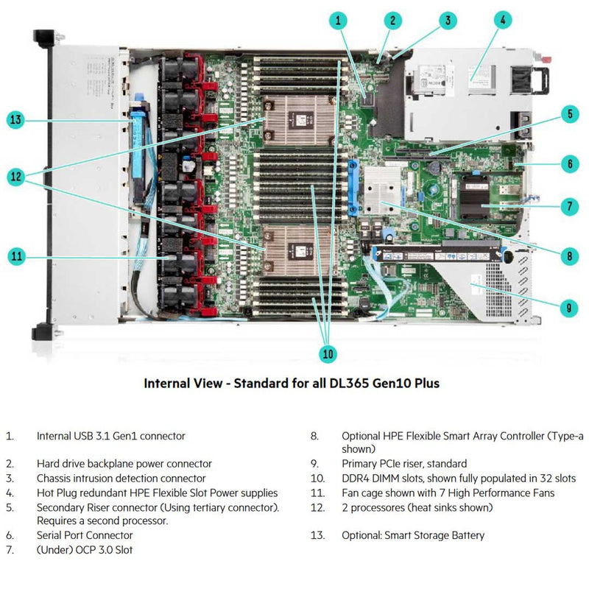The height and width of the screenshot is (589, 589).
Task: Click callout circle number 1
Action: (338, 21)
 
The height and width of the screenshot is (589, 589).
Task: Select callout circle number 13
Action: (18, 120)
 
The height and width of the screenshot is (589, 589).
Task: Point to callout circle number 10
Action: (328, 354)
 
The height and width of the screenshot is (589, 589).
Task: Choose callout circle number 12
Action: (18, 177)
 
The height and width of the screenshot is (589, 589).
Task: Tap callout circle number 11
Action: (18, 256)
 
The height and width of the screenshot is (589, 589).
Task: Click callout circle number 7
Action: (568, 207)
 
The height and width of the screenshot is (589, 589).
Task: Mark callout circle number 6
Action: (568, 163)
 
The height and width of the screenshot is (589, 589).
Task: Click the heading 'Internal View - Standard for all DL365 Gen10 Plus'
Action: (292, 383)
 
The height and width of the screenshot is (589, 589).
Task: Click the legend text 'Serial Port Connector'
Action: (85, 535)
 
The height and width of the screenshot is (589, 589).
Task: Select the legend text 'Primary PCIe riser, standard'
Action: (404, 464)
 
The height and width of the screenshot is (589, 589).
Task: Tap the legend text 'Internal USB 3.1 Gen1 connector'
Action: (111, 436)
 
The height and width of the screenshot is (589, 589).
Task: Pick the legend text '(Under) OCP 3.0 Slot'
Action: (85, 549)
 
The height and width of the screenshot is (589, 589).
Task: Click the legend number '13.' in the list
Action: (317, 535)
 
